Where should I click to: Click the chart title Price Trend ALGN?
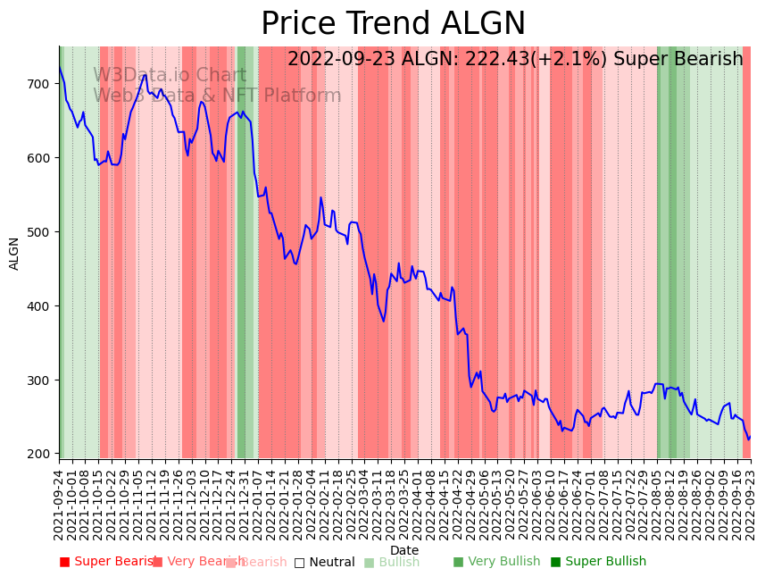coord(393,24)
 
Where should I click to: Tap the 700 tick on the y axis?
coord(40,84)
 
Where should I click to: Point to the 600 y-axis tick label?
coord(40,158)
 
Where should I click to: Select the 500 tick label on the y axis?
coord(40,232)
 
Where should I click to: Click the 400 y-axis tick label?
coord(40,306)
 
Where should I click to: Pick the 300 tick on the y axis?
coord(40,380)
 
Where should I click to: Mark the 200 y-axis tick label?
coord(40,454)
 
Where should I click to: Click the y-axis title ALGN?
coord(14,253)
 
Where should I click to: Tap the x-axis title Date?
coord(404,551)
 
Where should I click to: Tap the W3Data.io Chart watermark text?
coord(170,76)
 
